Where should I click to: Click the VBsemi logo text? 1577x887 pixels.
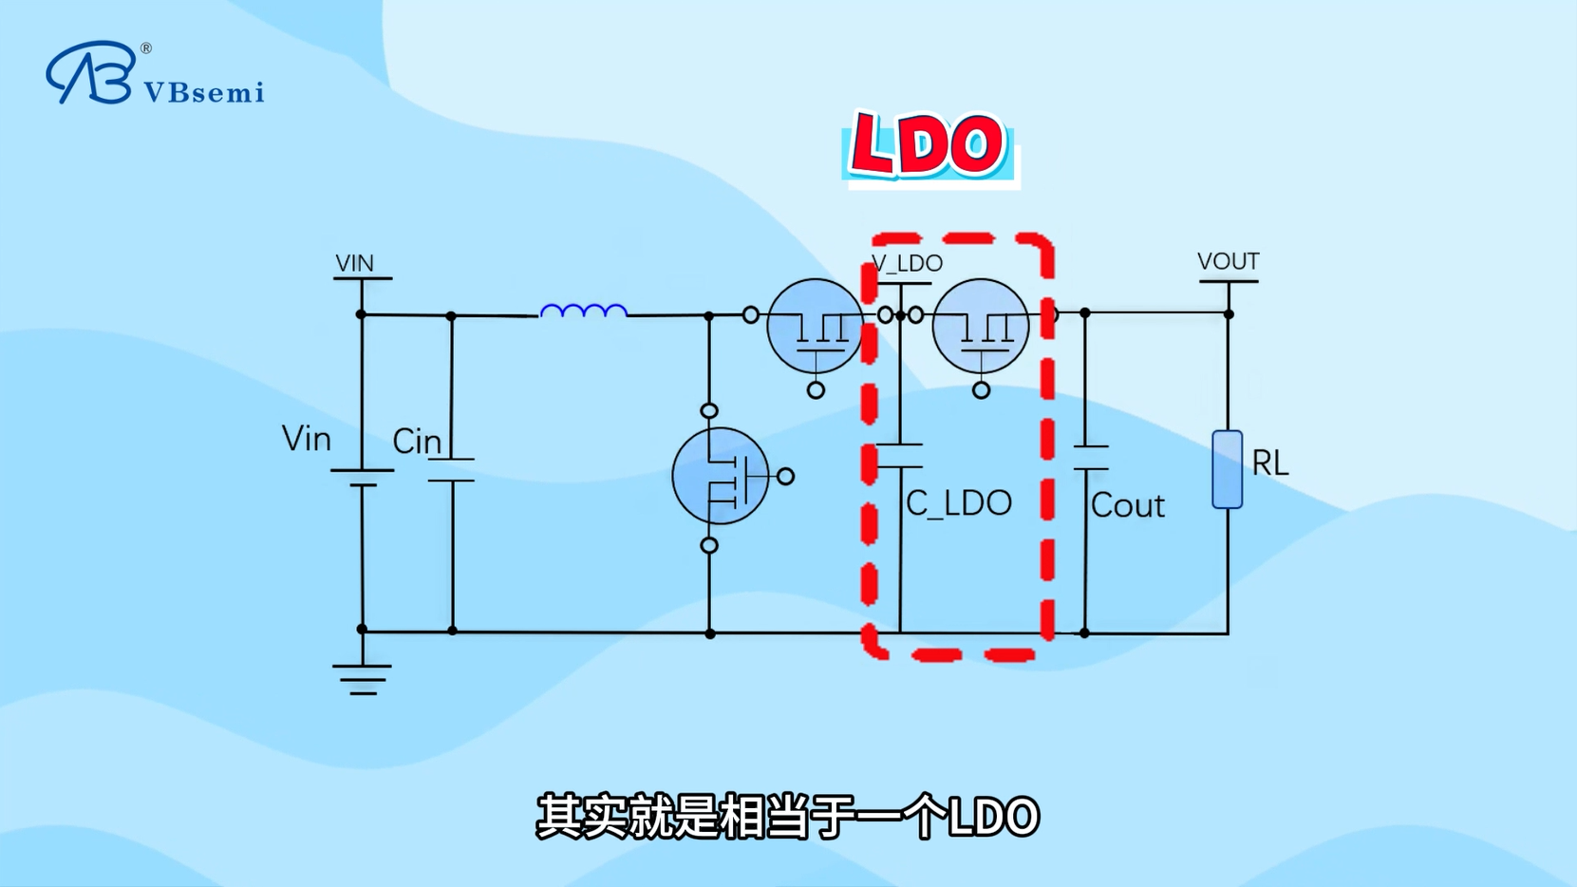203,92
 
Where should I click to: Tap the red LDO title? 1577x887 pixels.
928,145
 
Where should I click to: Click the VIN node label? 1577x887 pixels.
354,263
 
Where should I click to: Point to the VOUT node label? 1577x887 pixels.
1228,261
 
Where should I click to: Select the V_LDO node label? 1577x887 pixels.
907,263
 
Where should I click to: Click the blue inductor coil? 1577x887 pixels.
583,311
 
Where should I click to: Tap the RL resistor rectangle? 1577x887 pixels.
1227,469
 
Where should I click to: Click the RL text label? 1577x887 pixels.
1269,463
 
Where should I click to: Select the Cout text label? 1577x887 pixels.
1127,505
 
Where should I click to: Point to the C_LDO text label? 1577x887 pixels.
958,503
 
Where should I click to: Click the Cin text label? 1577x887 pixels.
417,442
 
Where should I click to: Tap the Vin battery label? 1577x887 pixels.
307,439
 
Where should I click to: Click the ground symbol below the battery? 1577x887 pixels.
362,679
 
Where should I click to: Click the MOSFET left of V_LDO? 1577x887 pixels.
815,326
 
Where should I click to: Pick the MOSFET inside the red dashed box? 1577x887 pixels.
981,326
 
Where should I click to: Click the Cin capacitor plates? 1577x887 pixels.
452,470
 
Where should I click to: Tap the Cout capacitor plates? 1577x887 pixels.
1090,457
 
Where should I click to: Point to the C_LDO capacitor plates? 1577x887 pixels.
899,456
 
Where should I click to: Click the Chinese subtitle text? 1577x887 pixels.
787,817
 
